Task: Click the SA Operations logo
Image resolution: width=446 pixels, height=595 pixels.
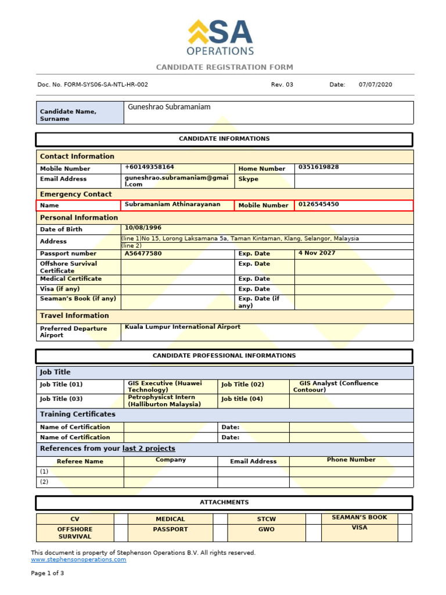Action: [221, 38]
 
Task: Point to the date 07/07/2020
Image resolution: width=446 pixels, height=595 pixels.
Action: [375, 85]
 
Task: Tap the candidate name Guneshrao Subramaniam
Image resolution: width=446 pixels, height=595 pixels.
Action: [168, 107]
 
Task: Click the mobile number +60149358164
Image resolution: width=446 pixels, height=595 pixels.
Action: [149, 167]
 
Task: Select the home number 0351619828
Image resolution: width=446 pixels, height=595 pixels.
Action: [318, 167]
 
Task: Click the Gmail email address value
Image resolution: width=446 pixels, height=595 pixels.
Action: [169, 181]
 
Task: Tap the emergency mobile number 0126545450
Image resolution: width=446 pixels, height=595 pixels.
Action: [318, 205]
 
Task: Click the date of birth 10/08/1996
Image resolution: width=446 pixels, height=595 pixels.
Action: [143, 228]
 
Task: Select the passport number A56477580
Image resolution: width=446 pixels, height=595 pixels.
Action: [143, 253]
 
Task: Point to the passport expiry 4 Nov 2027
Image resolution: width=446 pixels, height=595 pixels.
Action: [316, 253]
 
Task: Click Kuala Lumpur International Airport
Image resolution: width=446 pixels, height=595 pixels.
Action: [182, 327]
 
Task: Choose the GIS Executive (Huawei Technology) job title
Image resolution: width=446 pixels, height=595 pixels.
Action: [164, 387]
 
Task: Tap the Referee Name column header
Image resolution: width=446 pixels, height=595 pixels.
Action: [80, 461]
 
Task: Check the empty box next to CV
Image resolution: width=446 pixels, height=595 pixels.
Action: [121, 519]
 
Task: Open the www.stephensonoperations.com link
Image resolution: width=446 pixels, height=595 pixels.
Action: [78, 560]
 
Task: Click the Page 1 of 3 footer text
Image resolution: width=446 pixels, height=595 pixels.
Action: [48, 574]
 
